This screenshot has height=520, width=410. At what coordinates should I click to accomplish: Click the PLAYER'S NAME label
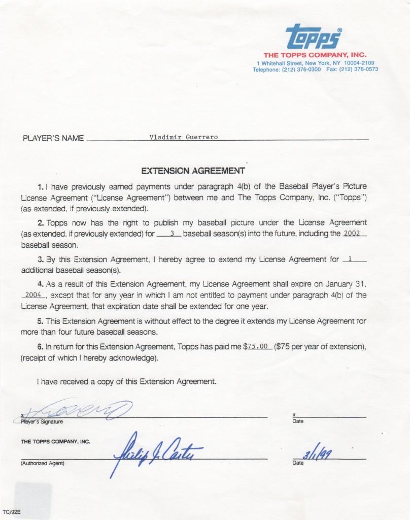click(x=53, y=139)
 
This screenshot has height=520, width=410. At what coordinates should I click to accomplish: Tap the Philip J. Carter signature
click(x=157, y=449)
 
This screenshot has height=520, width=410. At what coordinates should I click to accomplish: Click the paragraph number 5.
click(x=40, y=322)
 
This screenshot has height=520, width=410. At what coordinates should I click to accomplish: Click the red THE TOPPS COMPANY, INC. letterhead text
click(x=315, y=55)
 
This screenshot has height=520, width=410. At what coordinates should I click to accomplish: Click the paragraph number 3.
click(x=40, y=259)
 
